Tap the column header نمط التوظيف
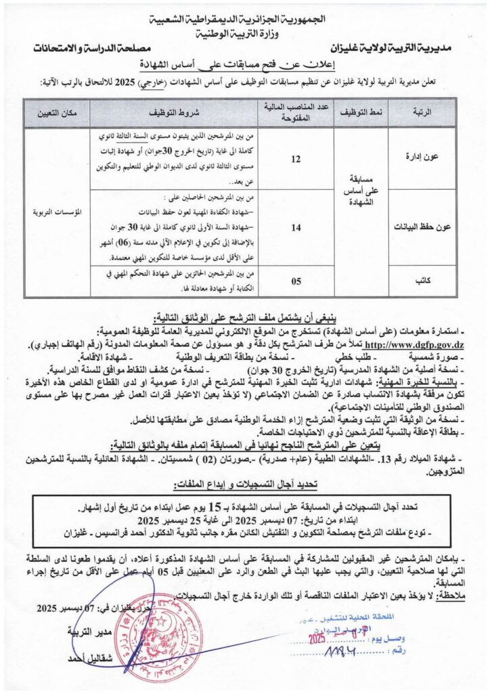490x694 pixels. [x=359, y=109]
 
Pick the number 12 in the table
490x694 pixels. [x=295, y=159]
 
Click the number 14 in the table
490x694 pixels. [x=295, y=228]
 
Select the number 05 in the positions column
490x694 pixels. [x=295, y=281]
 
